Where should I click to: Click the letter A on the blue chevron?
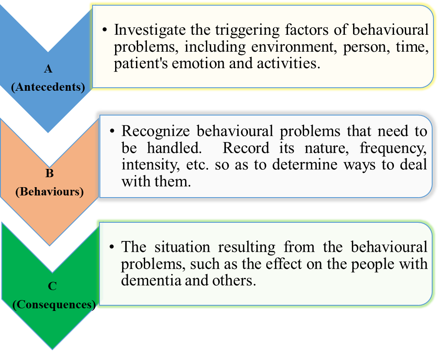(x=48, y=69)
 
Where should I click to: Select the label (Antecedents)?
(x=48, y=86)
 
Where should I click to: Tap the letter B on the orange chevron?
(x=49, y=174)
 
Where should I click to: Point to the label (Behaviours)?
(x=49, y=192)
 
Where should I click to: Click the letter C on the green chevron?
(x=52, y=287)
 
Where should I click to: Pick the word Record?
(x=246, y=148)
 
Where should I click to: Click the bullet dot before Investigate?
(x=105, y=30)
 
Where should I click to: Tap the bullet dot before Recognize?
(x=112, y=131)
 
